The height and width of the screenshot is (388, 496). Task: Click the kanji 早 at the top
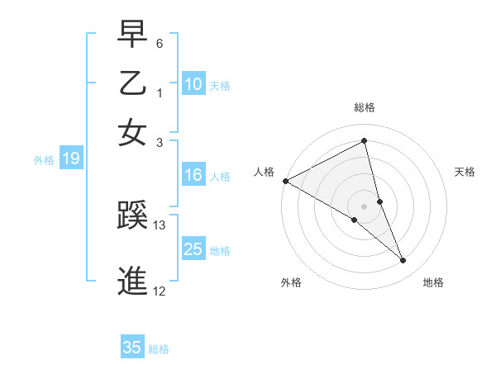[x=133, y=35]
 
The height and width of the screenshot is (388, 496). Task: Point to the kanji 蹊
[x=133, y=218]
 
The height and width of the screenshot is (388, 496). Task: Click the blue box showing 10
[x=193, y=84]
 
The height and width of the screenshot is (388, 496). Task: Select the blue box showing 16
[x=193, y=175]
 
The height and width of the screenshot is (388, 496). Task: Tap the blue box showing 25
[x=193, y=249]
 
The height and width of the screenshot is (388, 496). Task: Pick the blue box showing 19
[x=71, y=159]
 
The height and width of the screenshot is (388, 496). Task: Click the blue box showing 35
[x=132, y=348]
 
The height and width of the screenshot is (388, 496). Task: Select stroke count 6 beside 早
[x=160, y=42]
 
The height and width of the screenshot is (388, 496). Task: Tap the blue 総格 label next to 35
[x=159, y=349]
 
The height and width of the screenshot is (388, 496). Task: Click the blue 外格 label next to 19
[x=43, y=160]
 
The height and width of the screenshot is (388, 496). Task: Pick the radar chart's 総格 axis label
[x=365, y=108]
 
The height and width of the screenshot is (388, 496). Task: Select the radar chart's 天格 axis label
[x=465, y=172]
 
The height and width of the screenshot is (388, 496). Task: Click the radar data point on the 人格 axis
[x=285, y=181]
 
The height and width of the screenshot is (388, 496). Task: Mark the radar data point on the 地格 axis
[x=403, y=261]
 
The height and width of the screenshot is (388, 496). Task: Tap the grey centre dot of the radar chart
[x=365, y=206]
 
